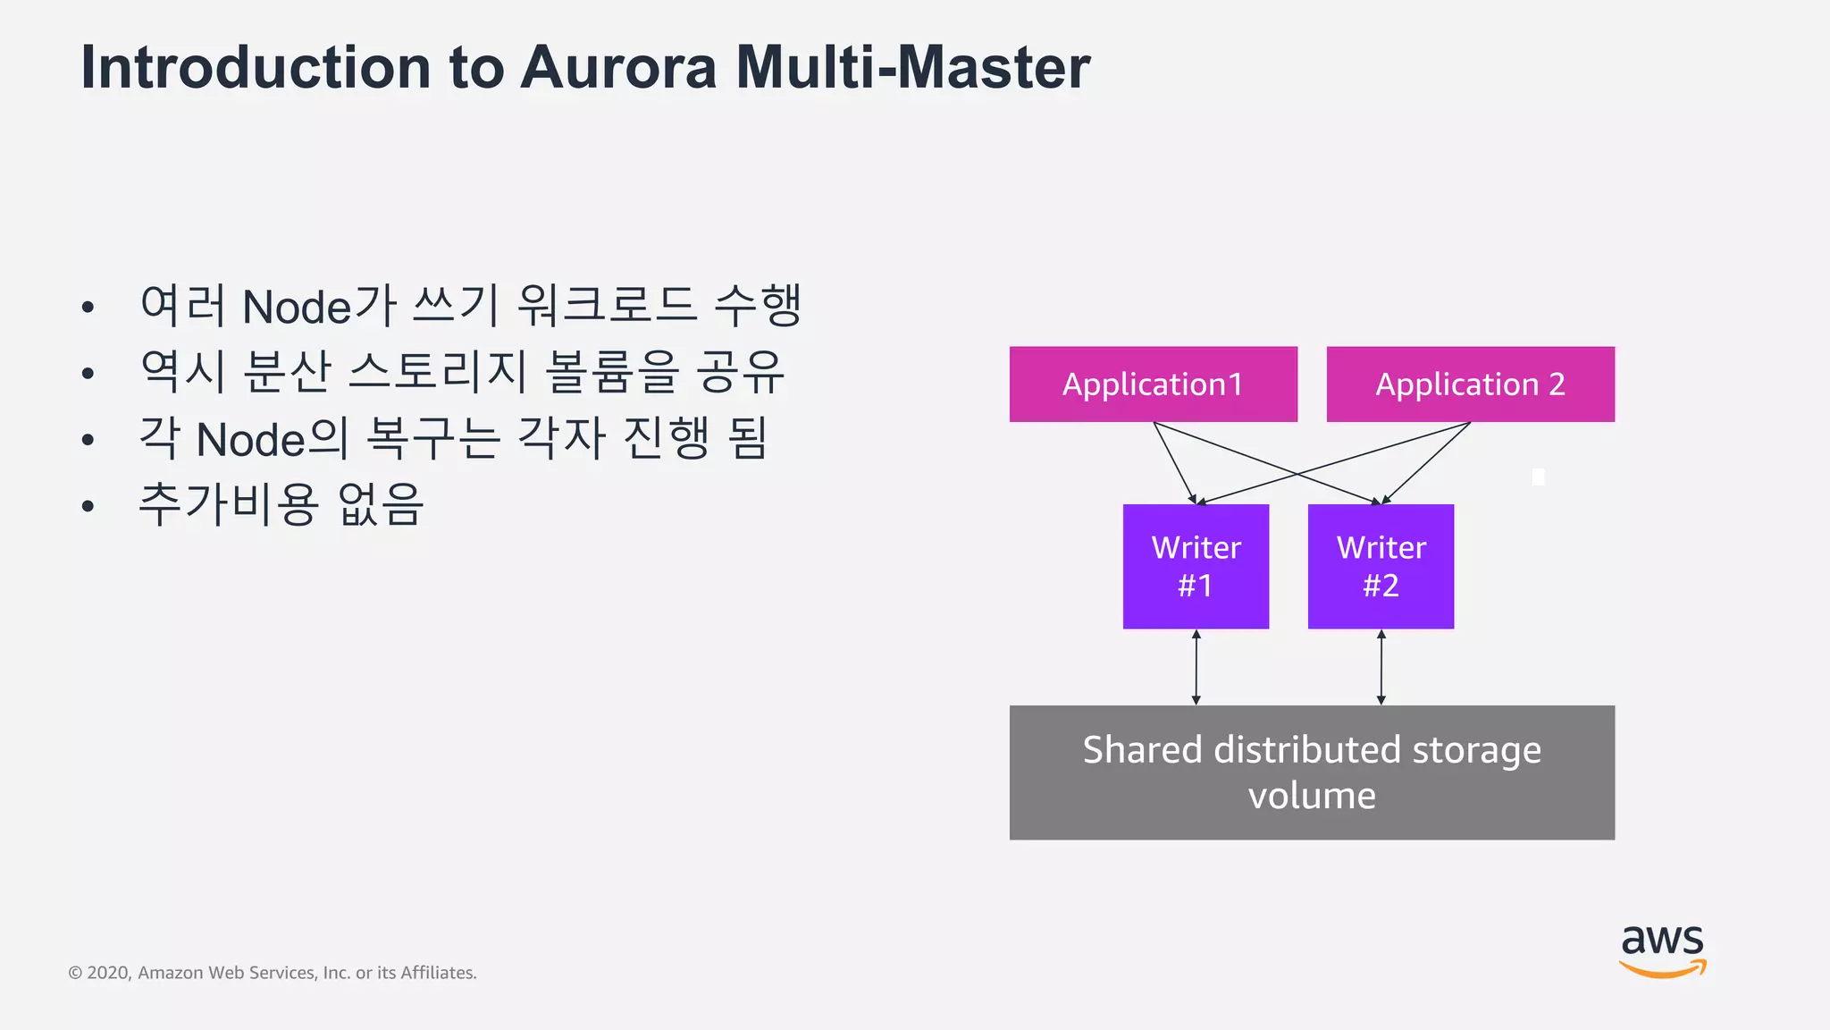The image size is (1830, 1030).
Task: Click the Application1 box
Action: [x=1153, y=384]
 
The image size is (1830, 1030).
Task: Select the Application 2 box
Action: [x=1470, y=384]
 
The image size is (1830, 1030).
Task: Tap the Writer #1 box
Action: [x=1196, y=566]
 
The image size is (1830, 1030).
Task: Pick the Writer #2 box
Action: [x=1381, y=566]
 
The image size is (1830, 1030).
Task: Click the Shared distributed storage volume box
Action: [x=1312, y=772]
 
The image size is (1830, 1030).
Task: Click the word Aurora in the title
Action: [x=618, y=67]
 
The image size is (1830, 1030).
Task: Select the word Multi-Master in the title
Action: [x=912, y=67]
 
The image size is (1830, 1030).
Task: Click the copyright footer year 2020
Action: [x=109, y=973]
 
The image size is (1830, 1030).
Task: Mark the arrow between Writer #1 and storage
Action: [x=1196, y=667]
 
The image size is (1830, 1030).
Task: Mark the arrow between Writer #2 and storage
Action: [x=1381, y=667]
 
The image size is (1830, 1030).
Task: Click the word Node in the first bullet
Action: [x=298, y=307]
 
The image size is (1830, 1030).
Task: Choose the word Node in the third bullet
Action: [x=251, y=440]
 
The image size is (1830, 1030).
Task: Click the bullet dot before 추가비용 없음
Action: [x=88, y=506]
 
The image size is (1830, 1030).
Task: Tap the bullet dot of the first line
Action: [x=88, y=308]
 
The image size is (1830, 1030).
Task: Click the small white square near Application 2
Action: [x=1538, y=477]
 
